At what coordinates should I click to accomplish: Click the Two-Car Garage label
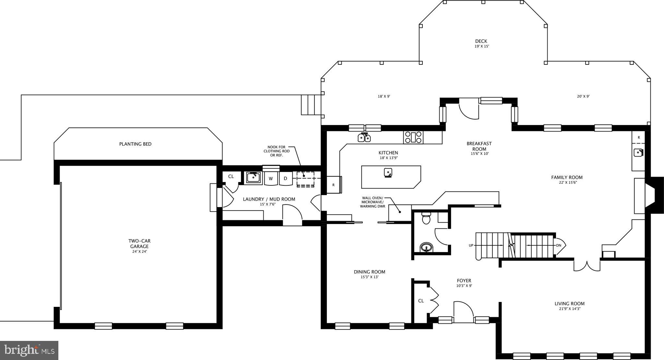tap(139, 244)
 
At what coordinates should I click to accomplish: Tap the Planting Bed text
tap(135, 144)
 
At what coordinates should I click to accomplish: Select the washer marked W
tap(271, 179)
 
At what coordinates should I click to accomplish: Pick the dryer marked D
tap(286, 179)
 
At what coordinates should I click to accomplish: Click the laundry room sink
tap(253, 177)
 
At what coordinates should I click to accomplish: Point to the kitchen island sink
tap(388, 173)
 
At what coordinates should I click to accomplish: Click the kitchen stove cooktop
tap(413, 137)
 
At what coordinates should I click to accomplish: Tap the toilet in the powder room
tap(426, 218)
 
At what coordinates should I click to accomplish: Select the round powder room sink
tap(426, 248)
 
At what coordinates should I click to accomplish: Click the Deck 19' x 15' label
tap(481, 43)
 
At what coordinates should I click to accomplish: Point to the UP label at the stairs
tap(471, 245)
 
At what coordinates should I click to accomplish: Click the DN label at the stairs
tap(559, 245)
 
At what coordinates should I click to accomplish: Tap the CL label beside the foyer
tap(421, 301)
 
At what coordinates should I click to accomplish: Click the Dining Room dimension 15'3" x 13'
tap(369, 277)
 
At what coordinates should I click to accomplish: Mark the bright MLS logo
tap(29, 350)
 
